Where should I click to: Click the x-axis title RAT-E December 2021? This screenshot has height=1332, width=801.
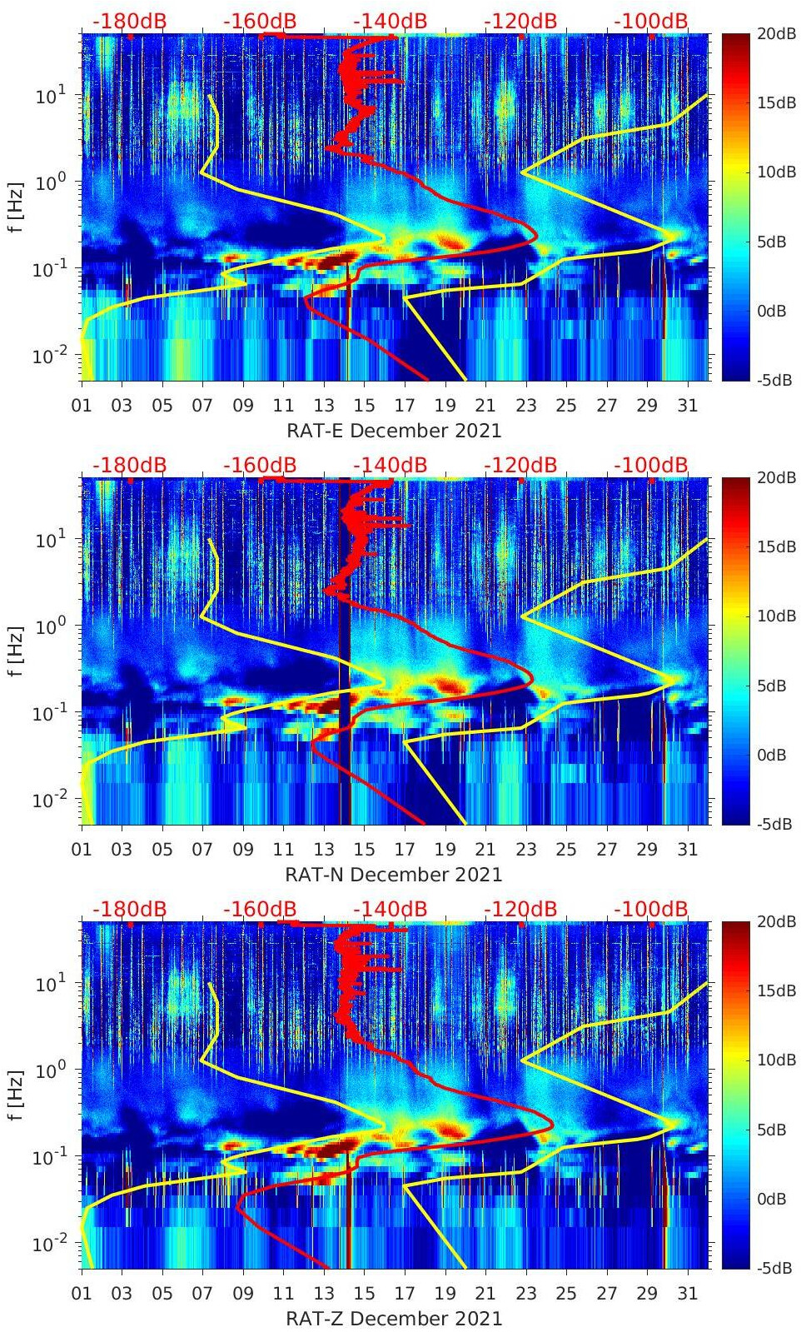point(394,431)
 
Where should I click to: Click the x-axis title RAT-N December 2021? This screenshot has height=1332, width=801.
point(394,875)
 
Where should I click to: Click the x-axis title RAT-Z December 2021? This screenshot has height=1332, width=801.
point(394,1319)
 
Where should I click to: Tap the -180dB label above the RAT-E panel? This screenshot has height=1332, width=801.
point(129,21)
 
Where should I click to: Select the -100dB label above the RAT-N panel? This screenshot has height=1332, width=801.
point(651,465)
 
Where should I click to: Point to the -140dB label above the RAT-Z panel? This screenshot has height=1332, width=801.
point(390,909)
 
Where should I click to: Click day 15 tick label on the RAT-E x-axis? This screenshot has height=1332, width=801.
point(364,406)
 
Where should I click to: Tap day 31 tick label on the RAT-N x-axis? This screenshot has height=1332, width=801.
point(687,850)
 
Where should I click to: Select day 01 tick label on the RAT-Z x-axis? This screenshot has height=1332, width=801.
point(82,1294)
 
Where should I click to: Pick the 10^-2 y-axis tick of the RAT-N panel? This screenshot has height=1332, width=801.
point(44,801)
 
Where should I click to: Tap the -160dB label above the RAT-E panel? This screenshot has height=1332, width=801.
point(260,21)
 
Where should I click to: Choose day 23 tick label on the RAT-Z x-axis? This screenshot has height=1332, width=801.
point(525,1294)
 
